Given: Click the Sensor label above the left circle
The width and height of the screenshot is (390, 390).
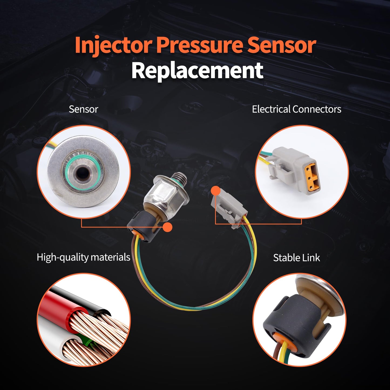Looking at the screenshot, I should (83, 109).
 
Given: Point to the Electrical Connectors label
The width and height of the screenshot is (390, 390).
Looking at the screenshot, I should (296, 109).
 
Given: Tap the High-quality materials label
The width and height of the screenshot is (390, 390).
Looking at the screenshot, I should (83, 257).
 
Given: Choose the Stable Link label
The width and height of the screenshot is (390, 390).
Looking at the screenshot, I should (296, 258).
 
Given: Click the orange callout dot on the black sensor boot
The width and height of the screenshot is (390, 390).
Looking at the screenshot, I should (168, 227).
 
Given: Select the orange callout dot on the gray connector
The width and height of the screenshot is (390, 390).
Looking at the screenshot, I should (215, 191).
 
